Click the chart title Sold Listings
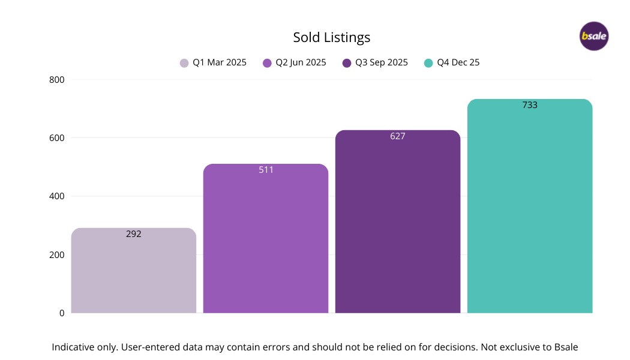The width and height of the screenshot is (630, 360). coord(331,37)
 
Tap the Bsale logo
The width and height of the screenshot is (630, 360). coord(594,36)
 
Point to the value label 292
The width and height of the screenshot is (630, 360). coord(134,234)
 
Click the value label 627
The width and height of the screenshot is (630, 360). coord(398,136)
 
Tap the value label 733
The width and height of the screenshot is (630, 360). coord(530,105)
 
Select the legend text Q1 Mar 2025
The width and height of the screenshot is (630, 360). coord(220,62)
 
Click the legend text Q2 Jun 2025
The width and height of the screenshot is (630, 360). coord(301,62)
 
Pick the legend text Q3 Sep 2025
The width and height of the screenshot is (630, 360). coord(382,62)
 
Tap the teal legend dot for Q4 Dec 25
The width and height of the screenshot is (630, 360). coord(428,63)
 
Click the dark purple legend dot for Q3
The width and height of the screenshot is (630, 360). coord(347,63)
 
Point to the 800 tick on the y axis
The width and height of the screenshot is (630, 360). coord(57,79)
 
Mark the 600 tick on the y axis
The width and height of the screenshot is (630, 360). coord(57,137)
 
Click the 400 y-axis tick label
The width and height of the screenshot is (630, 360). coord(57,196)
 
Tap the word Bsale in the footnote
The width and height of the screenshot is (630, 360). coord(565,347)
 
